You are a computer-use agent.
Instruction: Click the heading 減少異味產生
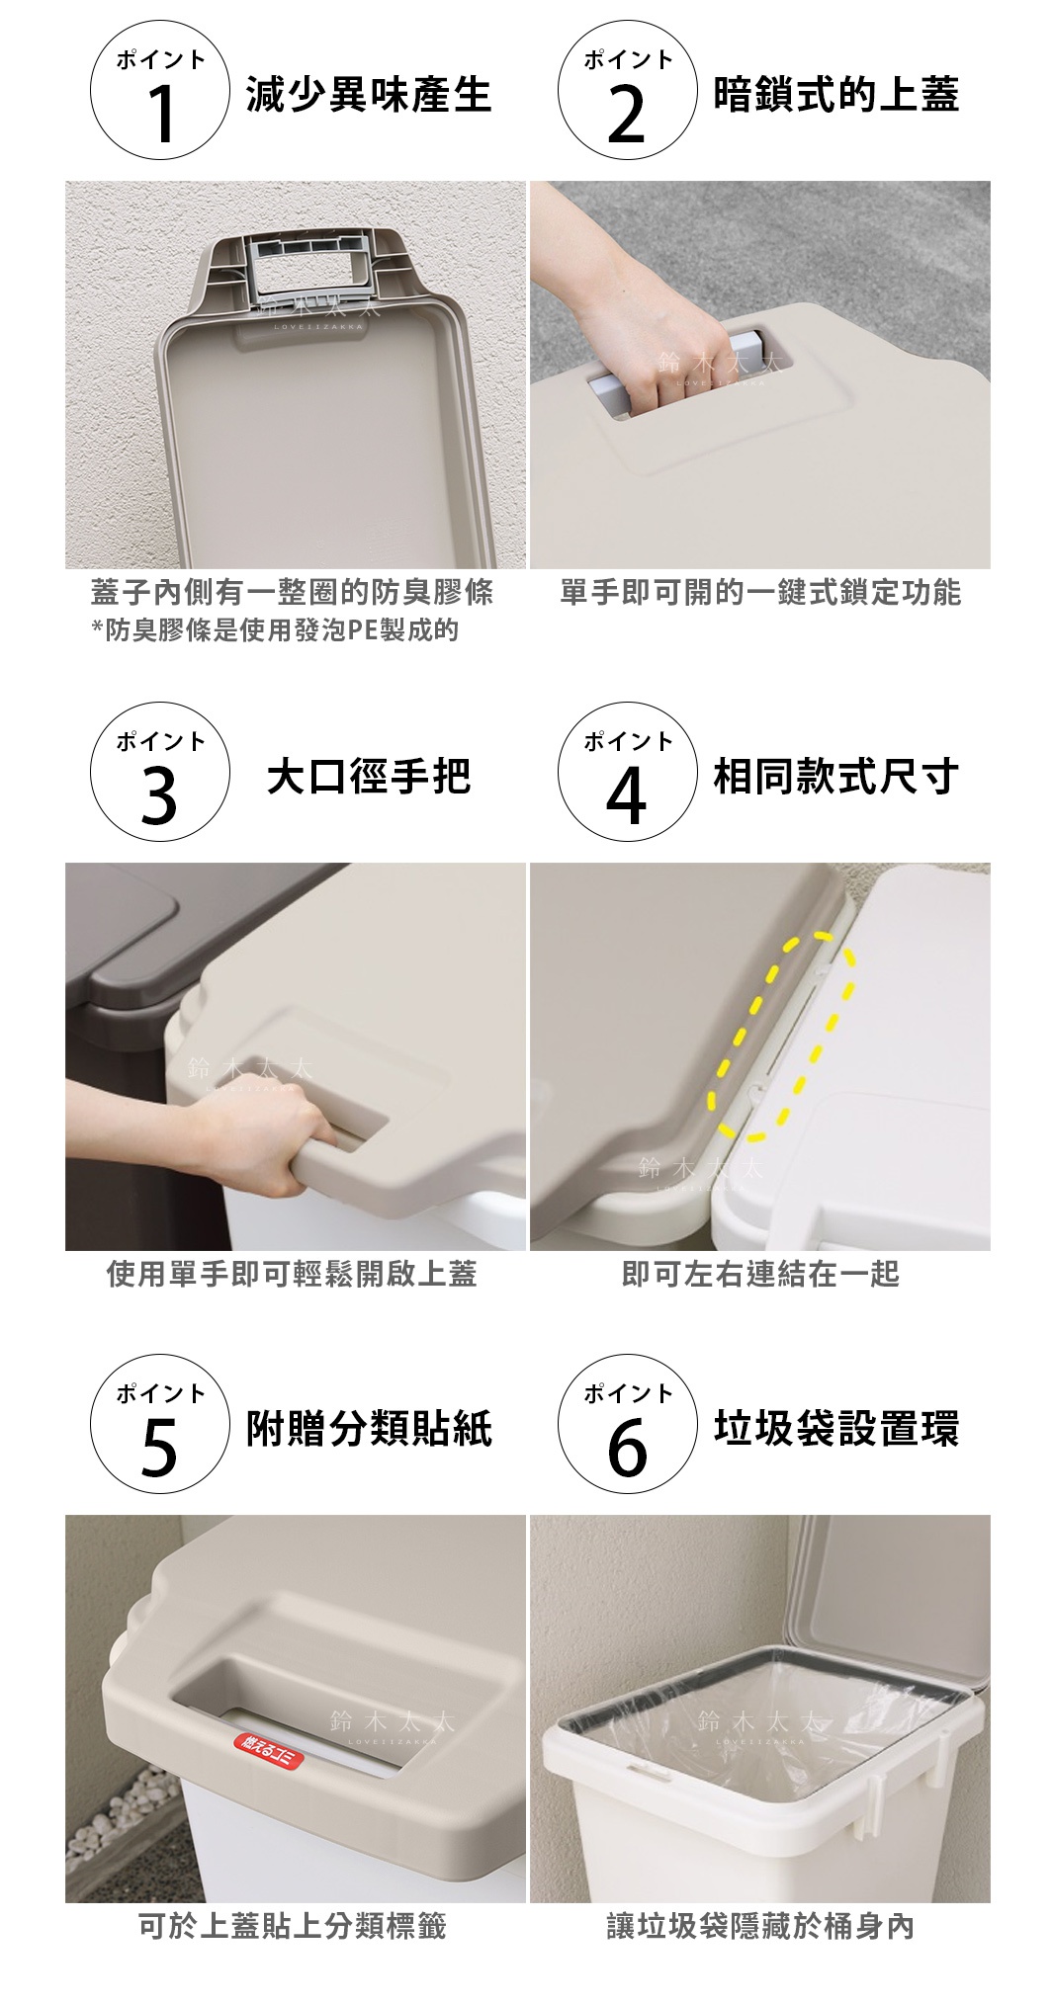369,96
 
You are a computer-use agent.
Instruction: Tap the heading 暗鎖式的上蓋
835,96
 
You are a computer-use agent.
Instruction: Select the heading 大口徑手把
369,778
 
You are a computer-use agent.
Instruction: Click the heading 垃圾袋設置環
835,1430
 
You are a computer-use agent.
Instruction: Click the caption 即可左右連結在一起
759,1275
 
